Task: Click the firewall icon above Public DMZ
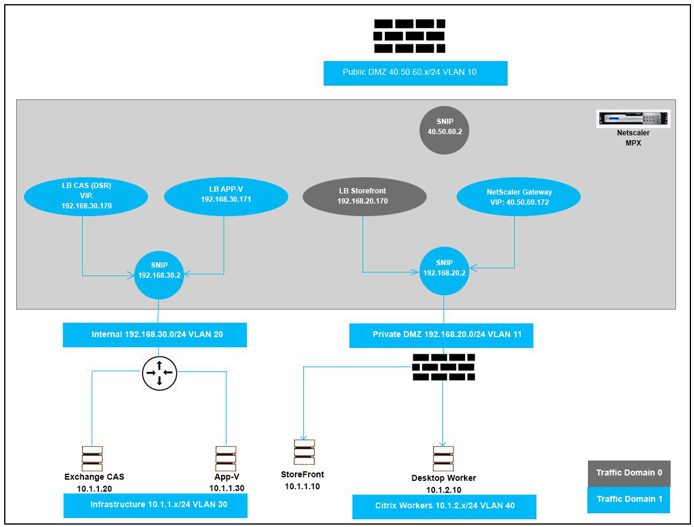tap(409, 36)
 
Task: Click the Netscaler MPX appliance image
tap(633, 119)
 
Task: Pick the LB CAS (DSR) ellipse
tap(86, 196)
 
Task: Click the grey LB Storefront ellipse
tap(364, 196)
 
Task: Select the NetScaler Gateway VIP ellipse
tap(518, 196)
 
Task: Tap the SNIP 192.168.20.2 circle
tap(444, 268)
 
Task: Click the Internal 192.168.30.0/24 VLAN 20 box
tap(155, 335)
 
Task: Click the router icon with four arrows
tap(159, 373)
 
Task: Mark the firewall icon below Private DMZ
tap(443, 367)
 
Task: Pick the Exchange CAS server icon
tap(92, 458)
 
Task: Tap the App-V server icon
tap(226, 458)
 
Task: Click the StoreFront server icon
tap(304, 452)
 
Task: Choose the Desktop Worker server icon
tap(443, 459)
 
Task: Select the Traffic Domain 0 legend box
tap(629, 473)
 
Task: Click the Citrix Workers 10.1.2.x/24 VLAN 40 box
tap(444, 506)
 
